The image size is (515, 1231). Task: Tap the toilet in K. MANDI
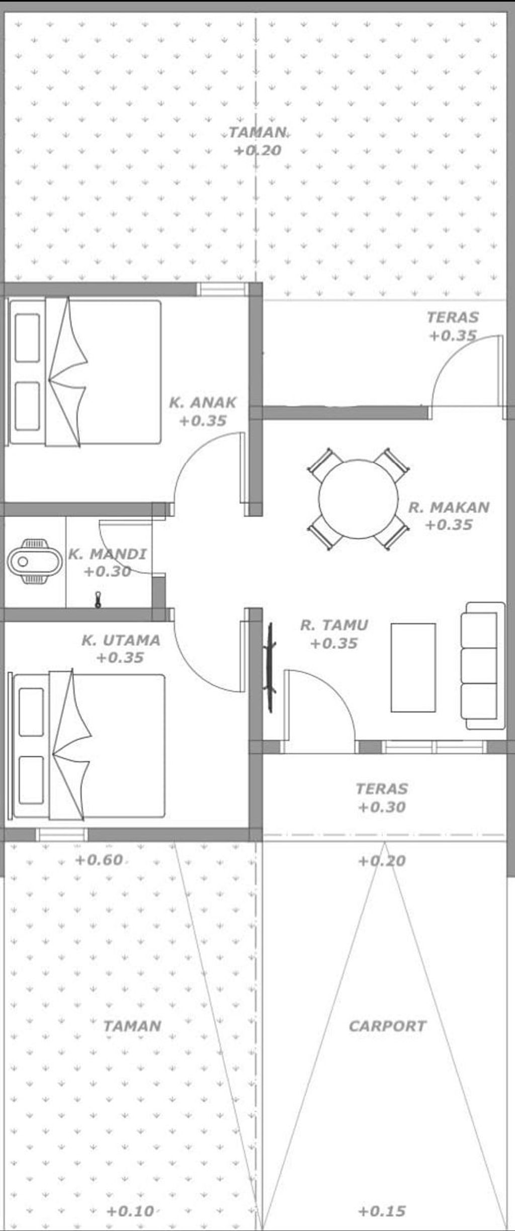click(35, 561)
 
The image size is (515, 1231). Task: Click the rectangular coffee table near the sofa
click(413, 668)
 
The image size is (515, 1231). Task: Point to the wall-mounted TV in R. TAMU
click(271, 667)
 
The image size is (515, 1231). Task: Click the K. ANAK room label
click(203, 411)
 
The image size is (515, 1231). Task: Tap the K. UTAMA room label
click(121, 648)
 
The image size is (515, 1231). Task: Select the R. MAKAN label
click(449, 516)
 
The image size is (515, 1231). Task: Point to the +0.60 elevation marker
click(99, 860)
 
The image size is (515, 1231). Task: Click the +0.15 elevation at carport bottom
click(382, 1211)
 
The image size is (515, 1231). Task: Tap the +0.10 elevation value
click(130, 1211)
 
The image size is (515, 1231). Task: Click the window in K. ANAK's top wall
click(222, 289)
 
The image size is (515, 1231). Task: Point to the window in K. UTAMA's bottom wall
click(62, 834)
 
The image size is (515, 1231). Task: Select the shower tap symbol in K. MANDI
click(98, 600)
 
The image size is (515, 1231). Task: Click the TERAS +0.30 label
click(381, 797)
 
